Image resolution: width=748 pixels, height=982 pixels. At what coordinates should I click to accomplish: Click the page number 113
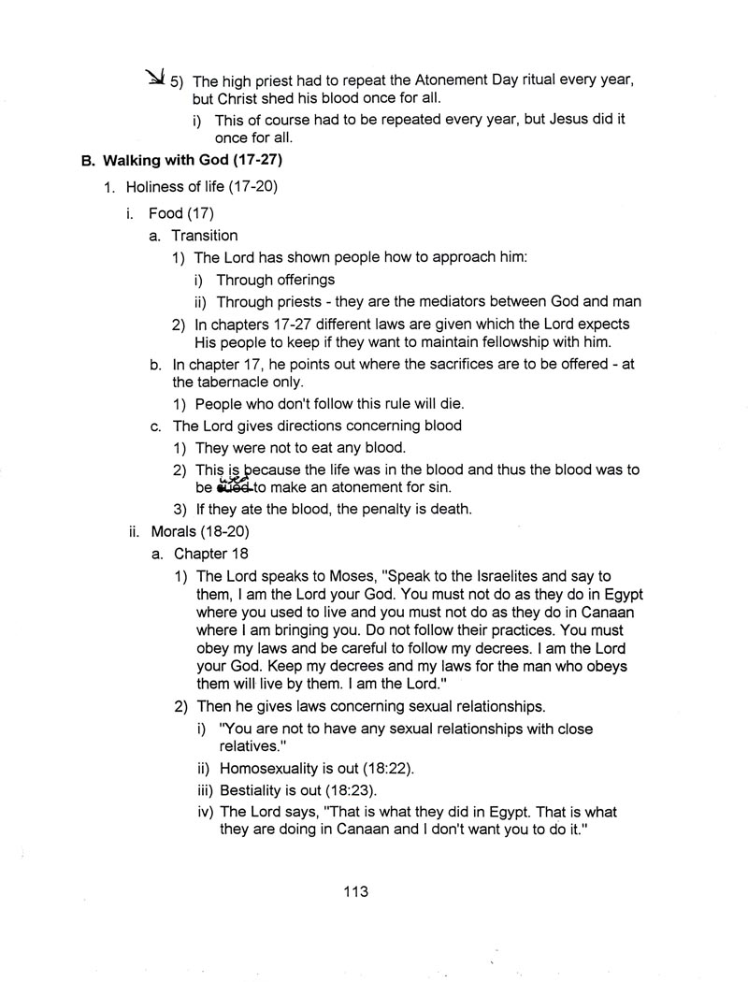pos(356,891)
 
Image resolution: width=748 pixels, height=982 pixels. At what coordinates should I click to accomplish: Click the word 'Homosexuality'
pos(267,769)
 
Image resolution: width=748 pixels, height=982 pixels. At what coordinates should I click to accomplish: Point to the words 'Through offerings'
pos(276,280)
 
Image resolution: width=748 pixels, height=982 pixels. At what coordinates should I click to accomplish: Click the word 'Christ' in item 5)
pos(244,99)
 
